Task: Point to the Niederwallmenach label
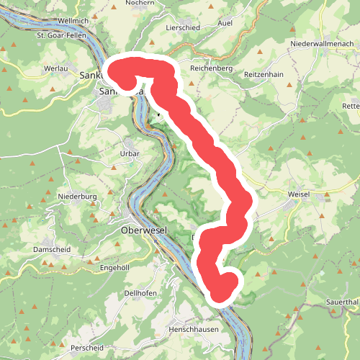pyautogui.click(x=320, y=44)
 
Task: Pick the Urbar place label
pyautogui.click(x=130, y=153)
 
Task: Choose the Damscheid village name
pyautogui.click(x=50, y=250)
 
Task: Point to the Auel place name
pyautogui.click(x=246, y=22)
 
